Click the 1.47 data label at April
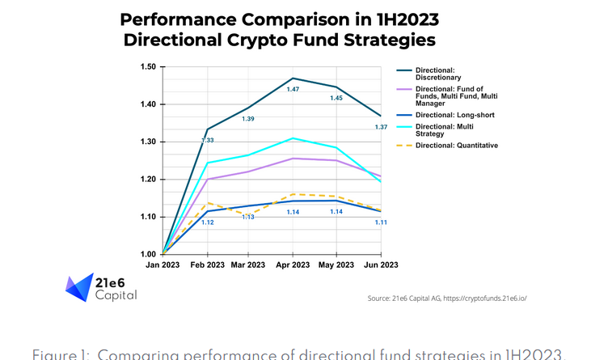pos(293,88)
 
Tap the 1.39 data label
pos(249,119)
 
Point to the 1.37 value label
pos(382,127)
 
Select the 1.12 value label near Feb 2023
pos(207,222)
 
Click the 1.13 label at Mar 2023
pos(249,217)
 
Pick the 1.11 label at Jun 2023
pos(382,222)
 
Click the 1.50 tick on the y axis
pos(149,66)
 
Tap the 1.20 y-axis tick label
pos(149,180)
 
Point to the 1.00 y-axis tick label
pos(149,255)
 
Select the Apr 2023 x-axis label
pos(293,265)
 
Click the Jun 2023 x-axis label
pos(380,265)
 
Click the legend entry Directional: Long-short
pos(454,115)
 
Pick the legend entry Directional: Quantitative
pos(456,145)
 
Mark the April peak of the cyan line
pos(293,138)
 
